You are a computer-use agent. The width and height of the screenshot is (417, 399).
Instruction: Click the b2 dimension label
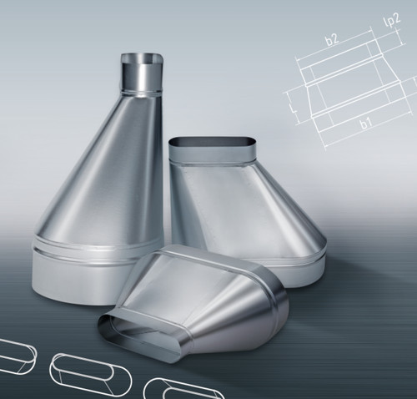(x=333, y=39)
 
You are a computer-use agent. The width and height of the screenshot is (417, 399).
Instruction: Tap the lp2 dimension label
(x=393, y=21)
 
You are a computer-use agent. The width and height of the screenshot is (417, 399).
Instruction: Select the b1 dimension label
(x=366, y=122)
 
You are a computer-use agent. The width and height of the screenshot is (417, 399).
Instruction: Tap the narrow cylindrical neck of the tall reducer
(x=142, y=73)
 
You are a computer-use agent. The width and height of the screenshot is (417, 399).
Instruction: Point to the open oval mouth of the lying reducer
(x=136, y=334)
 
